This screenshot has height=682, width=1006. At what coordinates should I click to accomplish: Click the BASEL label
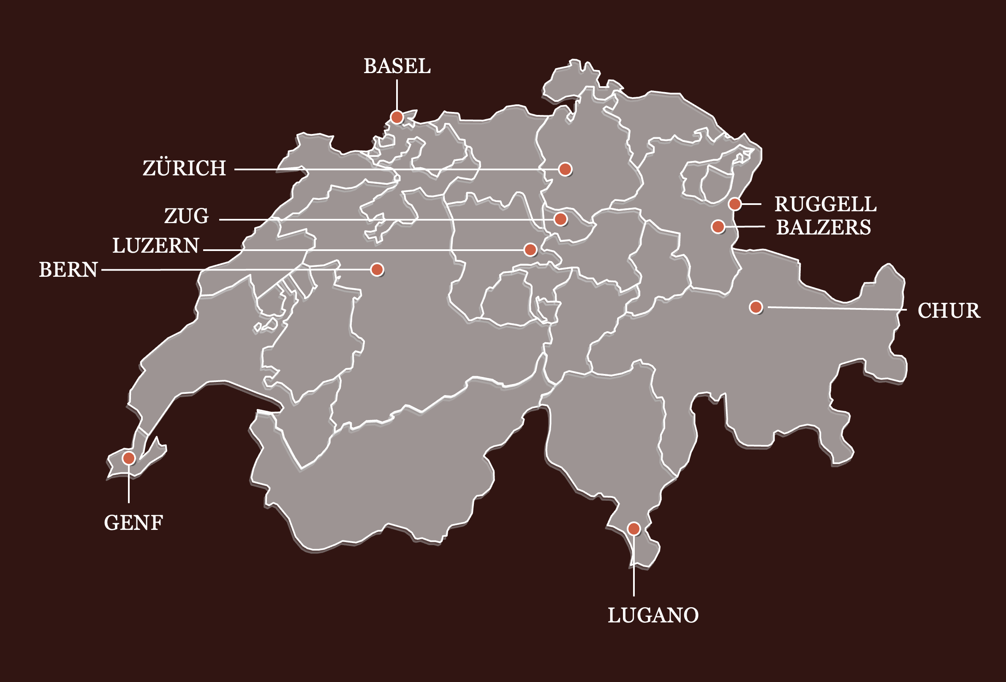pos(397,66)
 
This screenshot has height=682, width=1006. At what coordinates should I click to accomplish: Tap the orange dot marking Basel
pos(397,117)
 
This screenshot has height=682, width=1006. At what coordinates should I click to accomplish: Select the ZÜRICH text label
pos(185,168)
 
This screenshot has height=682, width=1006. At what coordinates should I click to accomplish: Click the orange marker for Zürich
pos(565,169)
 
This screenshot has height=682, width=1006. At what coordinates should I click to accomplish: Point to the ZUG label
pos(187,216)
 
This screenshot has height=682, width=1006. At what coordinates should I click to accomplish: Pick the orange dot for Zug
pos(560,219)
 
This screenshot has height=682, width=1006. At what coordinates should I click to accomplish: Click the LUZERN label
pos(156,246)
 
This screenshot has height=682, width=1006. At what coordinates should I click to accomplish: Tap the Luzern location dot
pos(530,249)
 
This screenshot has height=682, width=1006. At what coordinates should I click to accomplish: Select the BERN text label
pos(68,270)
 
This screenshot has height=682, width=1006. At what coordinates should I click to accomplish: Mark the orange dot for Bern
pos(377,269)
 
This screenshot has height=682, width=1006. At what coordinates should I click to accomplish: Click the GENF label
pos(133,523)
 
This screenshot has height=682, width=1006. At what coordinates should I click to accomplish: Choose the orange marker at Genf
pos(128,458)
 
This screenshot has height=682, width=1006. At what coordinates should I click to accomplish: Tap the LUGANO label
pos(653,615)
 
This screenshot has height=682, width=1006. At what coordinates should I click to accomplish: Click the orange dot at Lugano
pos(634,528)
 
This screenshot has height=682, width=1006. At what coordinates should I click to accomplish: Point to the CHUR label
pos(949,311)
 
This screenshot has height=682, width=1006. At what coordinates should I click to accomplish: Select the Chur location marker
pos(756,307)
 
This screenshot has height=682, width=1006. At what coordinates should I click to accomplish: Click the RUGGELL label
pos(826,205)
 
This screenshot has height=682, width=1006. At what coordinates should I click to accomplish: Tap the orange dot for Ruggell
pos(734,204)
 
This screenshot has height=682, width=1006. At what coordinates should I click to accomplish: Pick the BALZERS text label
pos(823,227)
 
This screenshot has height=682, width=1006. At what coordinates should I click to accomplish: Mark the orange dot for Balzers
pos(718,226)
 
